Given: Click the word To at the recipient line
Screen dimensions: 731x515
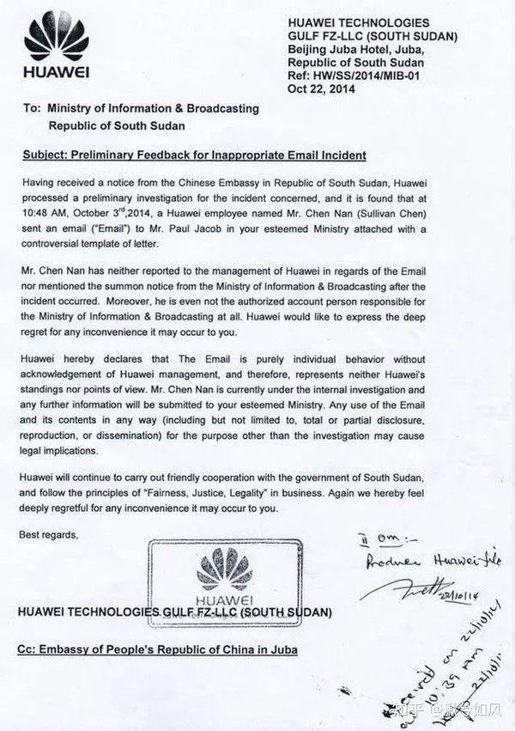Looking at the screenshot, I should click(31, 109).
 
